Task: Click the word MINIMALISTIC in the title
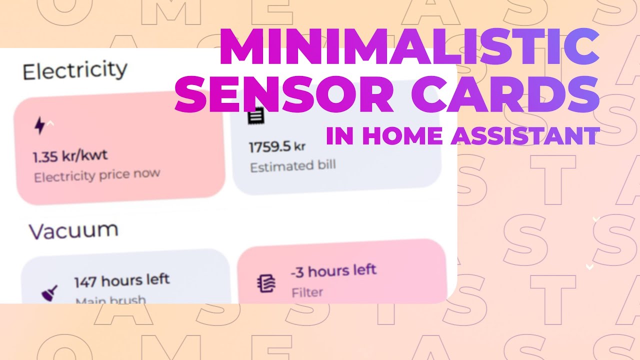pos(409,47)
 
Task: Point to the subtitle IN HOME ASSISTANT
pos(462,135)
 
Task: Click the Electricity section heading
pos(75,70)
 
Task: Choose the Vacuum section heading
pos(73,230)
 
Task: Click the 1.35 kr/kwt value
pos(70,156)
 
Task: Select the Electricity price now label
pos(97,175)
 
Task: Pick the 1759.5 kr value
pos(277,147)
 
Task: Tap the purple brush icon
pos(49,292)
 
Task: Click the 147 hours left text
pos(122,280)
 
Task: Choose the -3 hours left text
pos(333,271)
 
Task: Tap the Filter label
pos(307,292)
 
